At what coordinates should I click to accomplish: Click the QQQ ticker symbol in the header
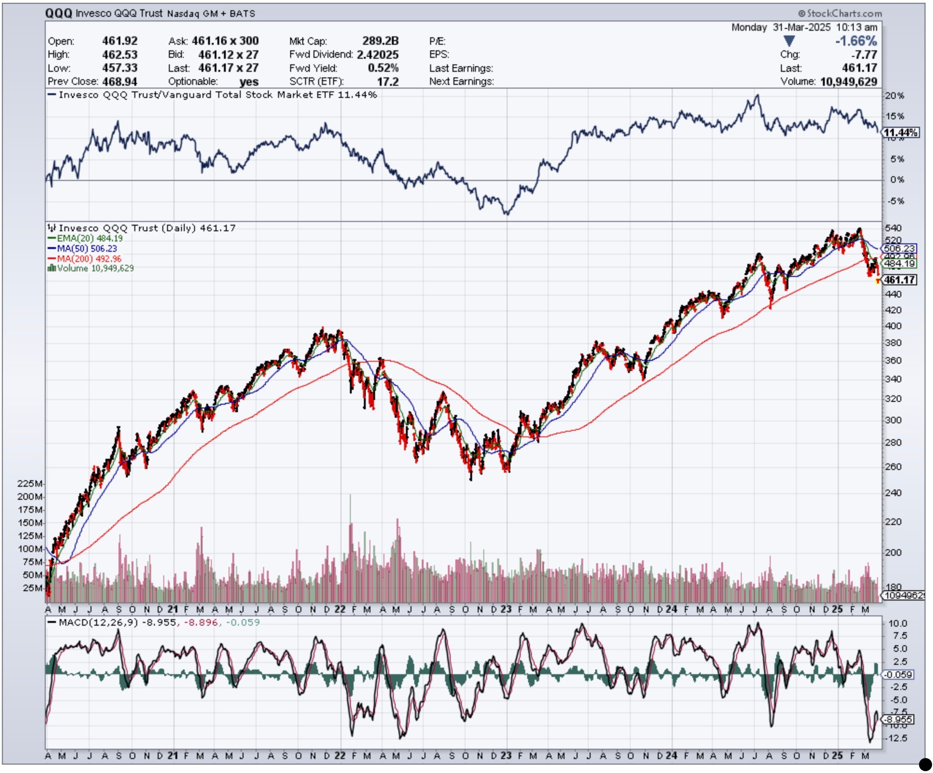(59, 13)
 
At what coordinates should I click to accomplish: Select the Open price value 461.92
(120, 41)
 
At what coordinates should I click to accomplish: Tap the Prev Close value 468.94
(120, 82)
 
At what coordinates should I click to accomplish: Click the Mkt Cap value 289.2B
(380, 41)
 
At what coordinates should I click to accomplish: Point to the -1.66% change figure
(856, 41)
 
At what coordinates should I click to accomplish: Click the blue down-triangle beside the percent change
(789, 41)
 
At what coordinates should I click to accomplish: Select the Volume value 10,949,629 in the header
(849, 82)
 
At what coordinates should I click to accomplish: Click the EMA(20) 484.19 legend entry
(90, 238)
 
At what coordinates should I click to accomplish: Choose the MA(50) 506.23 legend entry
(87, 248)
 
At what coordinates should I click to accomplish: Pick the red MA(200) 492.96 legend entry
(89, 258)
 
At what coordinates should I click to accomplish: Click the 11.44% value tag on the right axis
(901, 133)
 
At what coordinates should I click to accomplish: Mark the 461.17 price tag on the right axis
(900, 280)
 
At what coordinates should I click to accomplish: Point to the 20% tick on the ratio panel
(894, 96)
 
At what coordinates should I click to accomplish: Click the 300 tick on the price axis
(893, 420)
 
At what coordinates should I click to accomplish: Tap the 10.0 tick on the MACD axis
(898, 623)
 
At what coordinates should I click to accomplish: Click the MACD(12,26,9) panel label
(98, 622)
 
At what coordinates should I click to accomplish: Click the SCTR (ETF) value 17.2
(388, 82)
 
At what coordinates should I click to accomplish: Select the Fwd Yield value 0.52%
(383, 68)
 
